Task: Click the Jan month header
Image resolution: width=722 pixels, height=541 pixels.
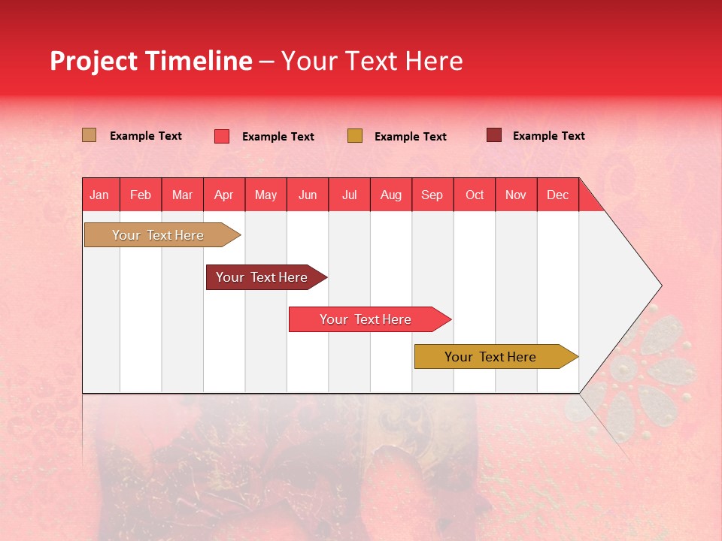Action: (100, 195)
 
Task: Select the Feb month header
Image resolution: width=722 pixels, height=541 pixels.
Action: (141, 195)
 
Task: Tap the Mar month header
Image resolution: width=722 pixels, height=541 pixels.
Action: (182, 195)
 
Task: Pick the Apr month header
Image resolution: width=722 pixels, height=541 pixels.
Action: (224, 195)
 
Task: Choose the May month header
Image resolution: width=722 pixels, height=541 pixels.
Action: (265, 195)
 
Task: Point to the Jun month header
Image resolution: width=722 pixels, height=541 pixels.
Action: (308, 195)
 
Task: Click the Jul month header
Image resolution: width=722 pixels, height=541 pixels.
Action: (349, 195)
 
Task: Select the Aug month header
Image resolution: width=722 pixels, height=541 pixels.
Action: (391, 195)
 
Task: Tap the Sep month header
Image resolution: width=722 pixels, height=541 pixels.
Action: (432, 195)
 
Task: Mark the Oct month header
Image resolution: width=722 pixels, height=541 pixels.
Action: (475, 195)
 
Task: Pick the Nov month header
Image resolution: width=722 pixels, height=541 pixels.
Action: (516, 195)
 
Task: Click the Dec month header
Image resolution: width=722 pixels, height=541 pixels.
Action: (558, 195)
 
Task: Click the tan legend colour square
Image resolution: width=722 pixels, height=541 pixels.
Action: (89, 135)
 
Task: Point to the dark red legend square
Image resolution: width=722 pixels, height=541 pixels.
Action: (493, 135)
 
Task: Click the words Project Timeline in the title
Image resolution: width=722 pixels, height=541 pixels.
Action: (151, 61)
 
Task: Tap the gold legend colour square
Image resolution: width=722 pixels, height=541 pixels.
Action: (355, 136)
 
